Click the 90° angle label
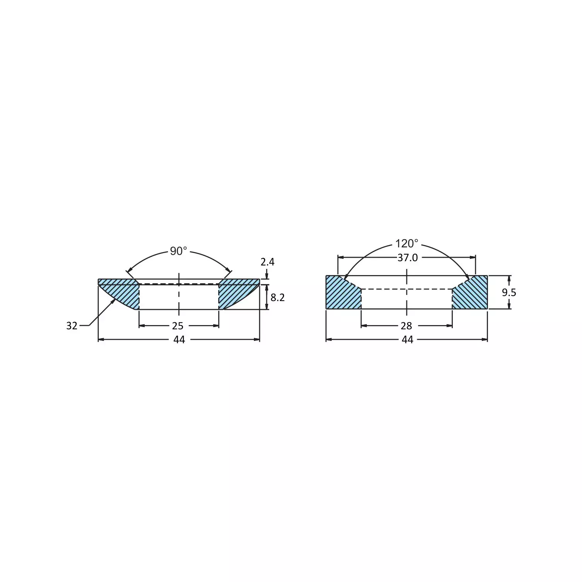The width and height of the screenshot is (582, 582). click(x=178, y=251)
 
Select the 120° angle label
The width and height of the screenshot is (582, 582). click(x=406, y=243)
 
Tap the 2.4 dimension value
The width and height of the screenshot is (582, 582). click(x=267, y=262)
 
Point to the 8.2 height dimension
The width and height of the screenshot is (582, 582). click(x=277, y=297)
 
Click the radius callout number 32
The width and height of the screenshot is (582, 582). click(x=72, y=326)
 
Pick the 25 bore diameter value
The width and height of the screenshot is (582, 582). click(x=178, y=326)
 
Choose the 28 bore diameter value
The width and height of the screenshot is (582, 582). click(x=406, y=326)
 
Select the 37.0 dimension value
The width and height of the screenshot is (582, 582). click(x=407, y=258)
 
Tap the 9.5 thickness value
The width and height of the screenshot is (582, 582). click(x=509, y=293)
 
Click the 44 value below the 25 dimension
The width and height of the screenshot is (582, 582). click(x=179, y=340)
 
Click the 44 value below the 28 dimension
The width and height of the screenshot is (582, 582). click(x=407, y=340)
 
